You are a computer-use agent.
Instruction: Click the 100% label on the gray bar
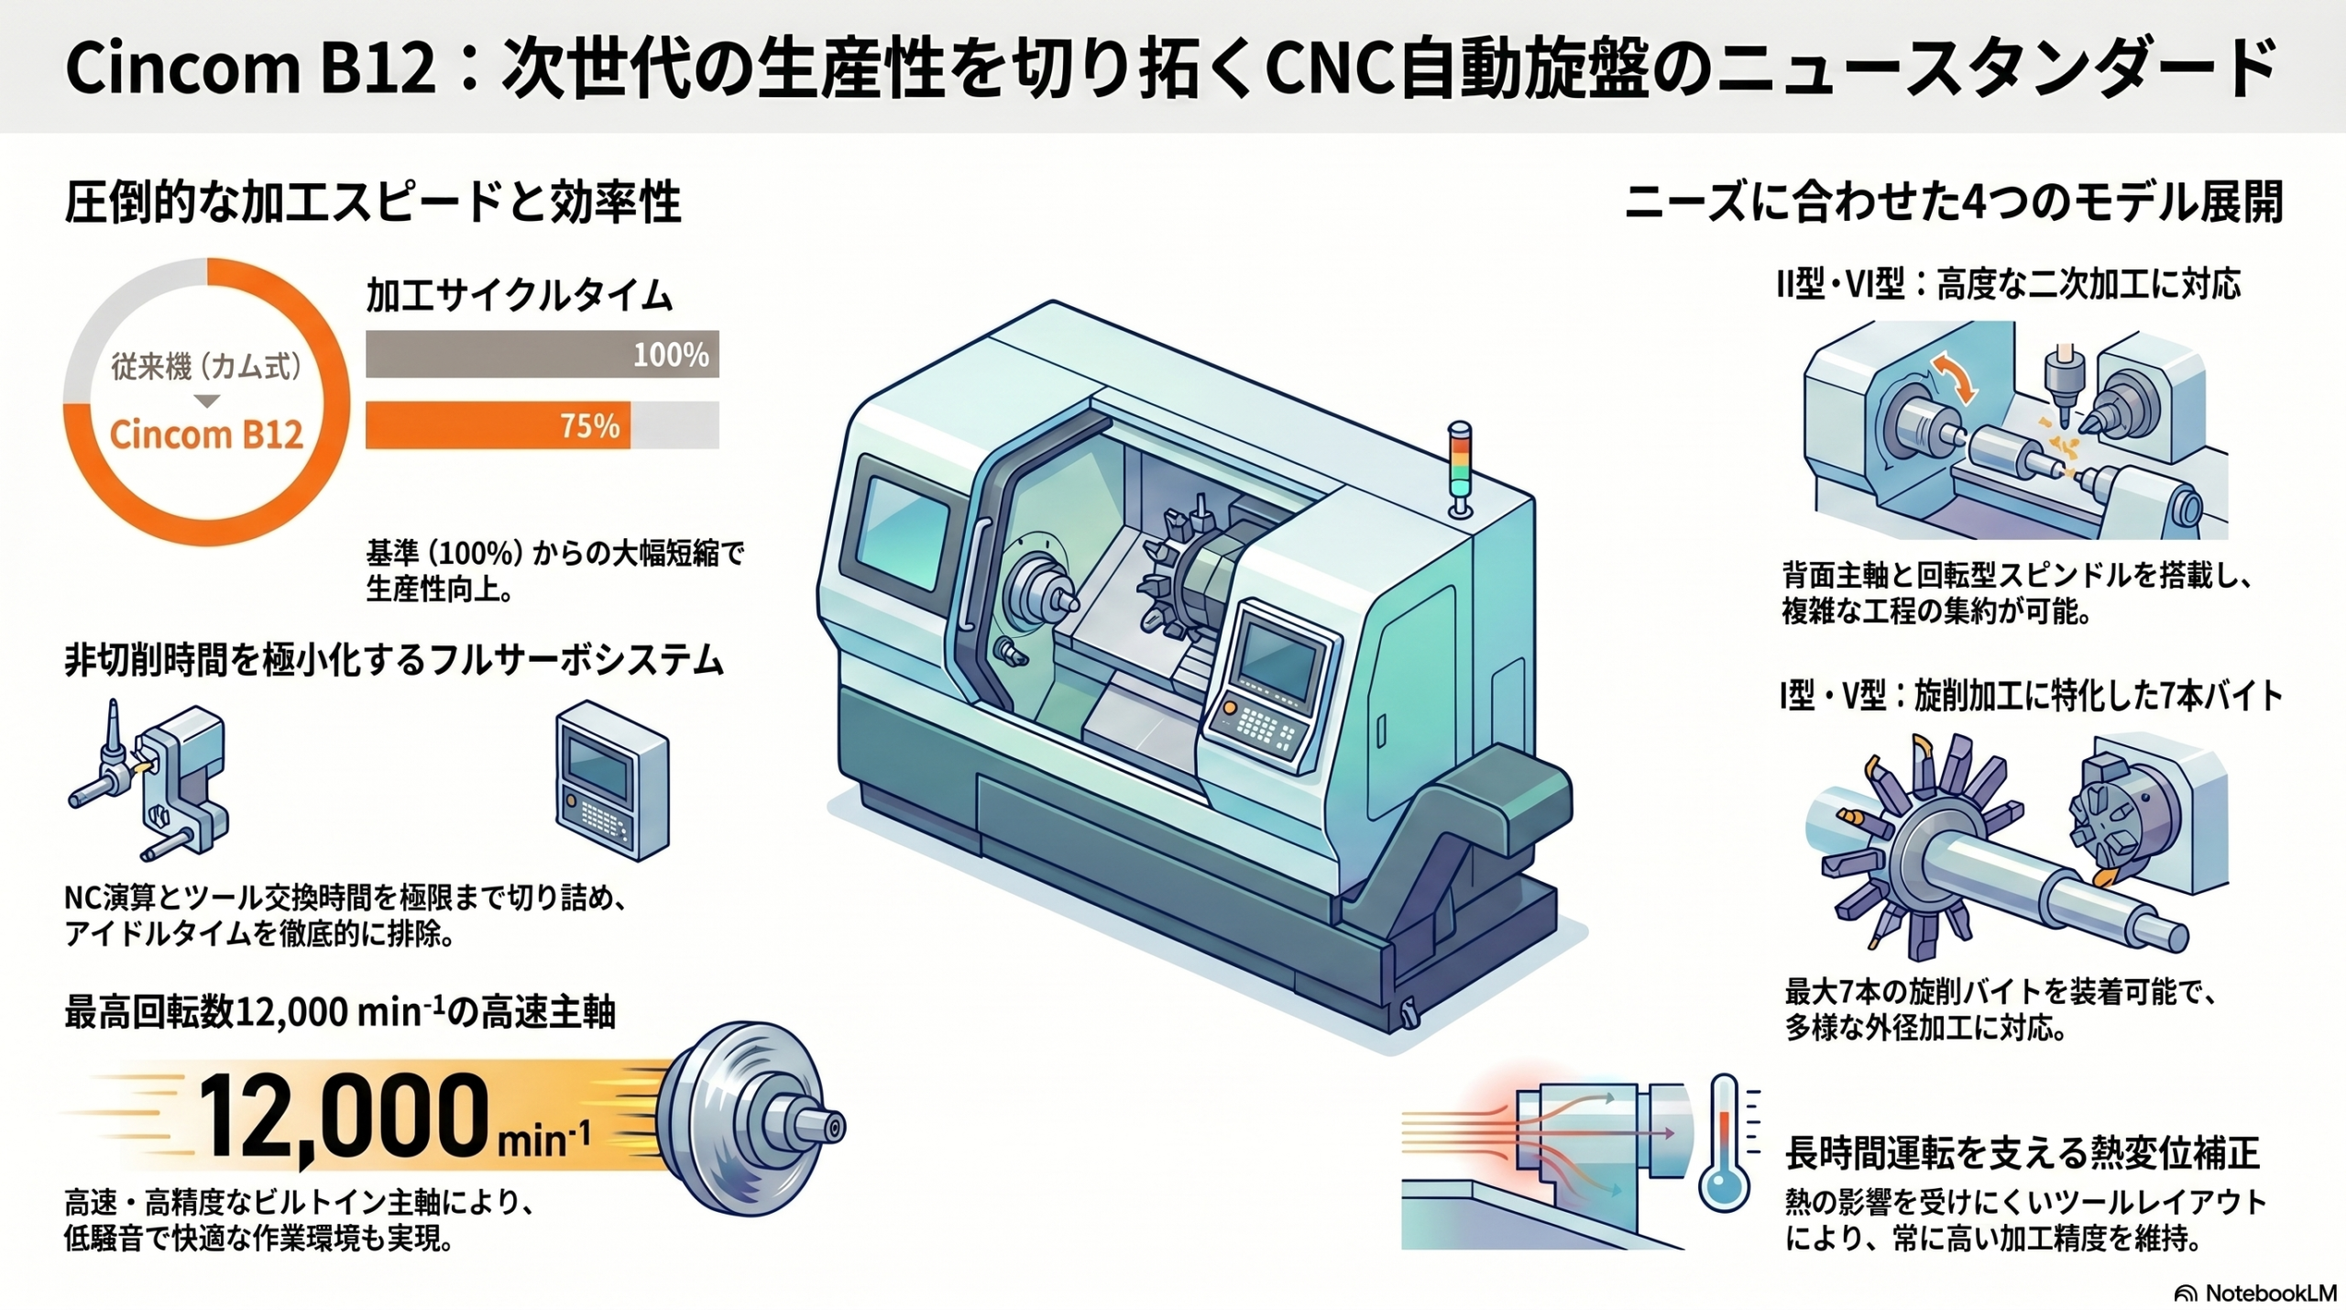[671, 355]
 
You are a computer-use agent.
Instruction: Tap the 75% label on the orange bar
[590, 426]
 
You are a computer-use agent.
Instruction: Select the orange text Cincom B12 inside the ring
[206, 434]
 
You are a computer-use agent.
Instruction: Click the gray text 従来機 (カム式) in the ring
[206, 367]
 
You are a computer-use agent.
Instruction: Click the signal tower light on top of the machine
[1459, 468]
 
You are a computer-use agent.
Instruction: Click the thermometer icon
[1726, 1142]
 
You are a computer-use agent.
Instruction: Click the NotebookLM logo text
[2270, 1293]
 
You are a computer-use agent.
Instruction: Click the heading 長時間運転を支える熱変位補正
[2023, 1153]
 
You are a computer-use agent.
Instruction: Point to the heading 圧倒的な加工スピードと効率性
[373, 203]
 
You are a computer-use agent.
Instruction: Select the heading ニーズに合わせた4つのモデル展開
[1954, 203]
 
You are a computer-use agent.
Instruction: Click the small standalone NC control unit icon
[612, 781]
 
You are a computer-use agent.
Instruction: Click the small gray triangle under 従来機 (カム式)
[207, 402]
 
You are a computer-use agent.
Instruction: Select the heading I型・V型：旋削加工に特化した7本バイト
[2031, 697]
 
